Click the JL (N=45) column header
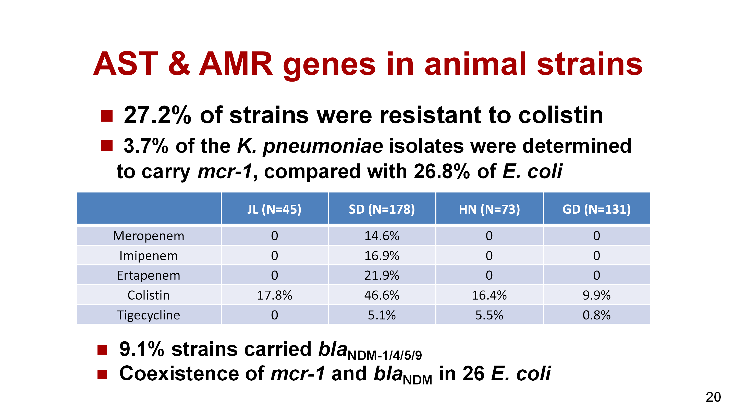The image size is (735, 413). [274, 210]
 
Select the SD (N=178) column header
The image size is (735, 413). [382, 210]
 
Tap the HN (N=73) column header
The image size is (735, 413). [489, 210]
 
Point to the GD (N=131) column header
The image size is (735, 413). [597, 210]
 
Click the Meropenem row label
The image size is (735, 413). [149, 236]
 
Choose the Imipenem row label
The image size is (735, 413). [149, 256]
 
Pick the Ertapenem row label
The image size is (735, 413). [149, 275]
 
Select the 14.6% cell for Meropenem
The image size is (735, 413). [382, 236]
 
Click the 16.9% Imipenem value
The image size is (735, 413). [382, 256]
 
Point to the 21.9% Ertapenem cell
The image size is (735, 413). [382, 275]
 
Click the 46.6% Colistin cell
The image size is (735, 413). [382, 295]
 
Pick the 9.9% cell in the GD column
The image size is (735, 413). [597, 295]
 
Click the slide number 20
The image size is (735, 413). [713, 397]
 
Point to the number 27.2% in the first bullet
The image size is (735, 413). [157, 115]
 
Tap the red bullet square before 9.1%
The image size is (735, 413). [102, 350]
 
